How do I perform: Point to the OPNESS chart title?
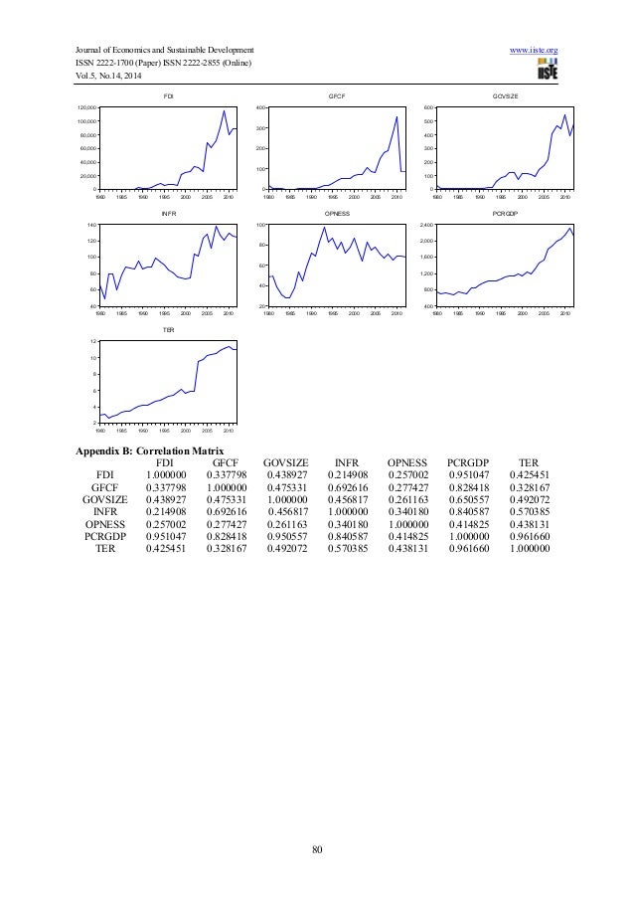coord(336,214)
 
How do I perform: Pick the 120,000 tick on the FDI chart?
coord(85,106)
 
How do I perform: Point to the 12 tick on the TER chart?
coord(92,341)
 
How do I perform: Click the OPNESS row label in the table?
coord(110,524)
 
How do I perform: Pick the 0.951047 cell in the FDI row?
coord(469,476)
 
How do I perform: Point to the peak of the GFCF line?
coord(397,117)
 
